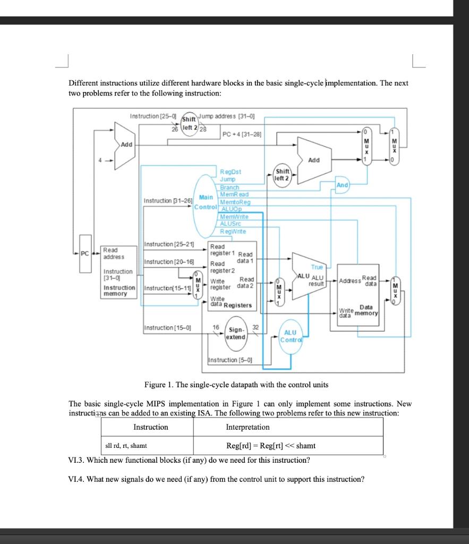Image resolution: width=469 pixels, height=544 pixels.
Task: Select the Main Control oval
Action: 205,202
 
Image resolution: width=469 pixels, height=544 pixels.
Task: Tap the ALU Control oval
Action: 291,336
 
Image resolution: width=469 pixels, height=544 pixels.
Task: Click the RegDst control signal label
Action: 231,172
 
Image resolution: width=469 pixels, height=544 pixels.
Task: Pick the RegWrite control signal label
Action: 233,232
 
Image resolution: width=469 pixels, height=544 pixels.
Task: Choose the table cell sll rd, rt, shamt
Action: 125,446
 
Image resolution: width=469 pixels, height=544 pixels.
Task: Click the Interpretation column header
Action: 248,427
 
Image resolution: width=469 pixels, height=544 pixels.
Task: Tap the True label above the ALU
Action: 317,267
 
